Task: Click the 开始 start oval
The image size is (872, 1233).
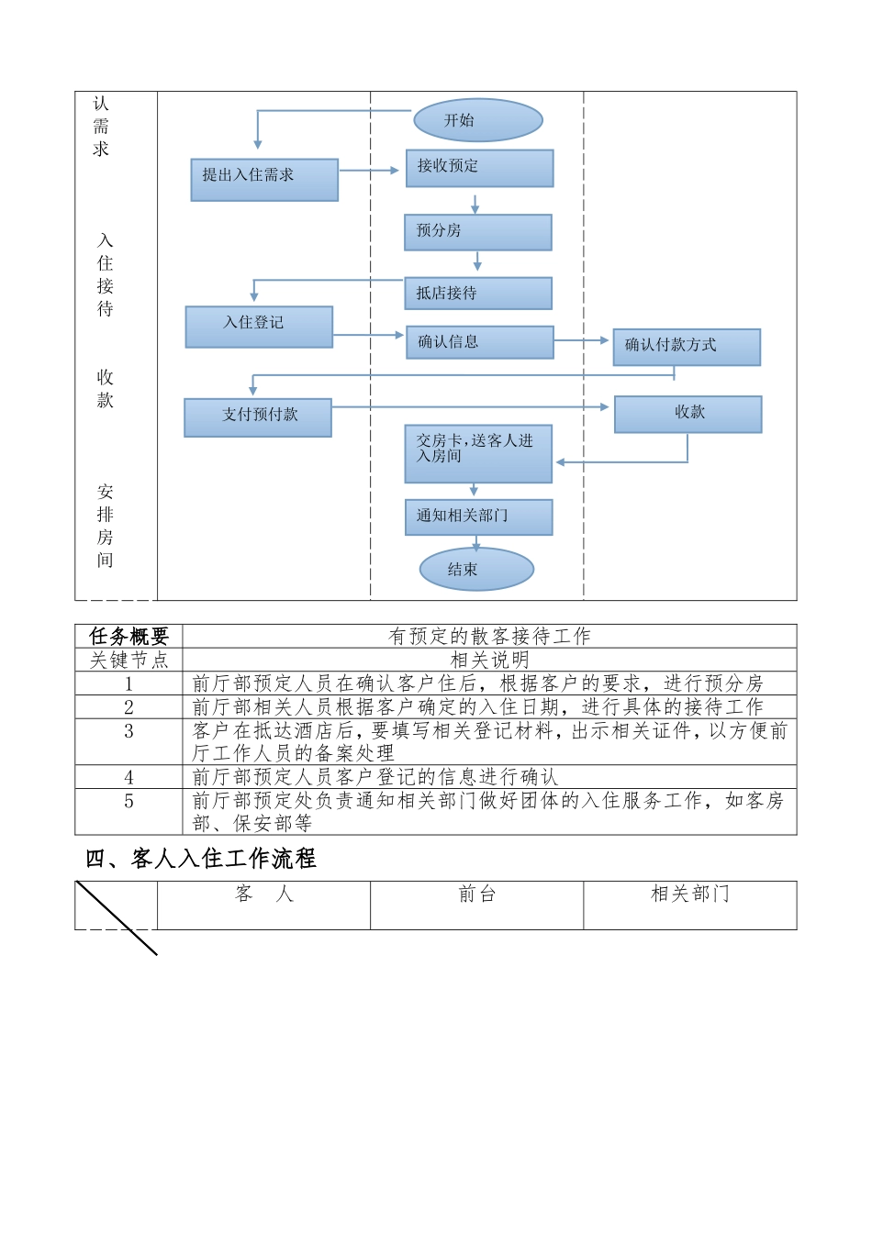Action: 478,120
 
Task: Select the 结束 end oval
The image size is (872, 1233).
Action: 476,569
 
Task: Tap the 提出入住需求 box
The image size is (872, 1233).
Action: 264,179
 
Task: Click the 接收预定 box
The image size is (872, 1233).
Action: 479,168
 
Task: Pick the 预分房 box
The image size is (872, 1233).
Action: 477,232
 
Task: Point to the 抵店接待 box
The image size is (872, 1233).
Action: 477,294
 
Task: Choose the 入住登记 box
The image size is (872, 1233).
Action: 259,327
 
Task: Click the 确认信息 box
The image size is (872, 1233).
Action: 479,342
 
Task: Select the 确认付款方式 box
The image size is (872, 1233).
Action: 687,347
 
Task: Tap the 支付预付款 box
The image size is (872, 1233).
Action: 258,417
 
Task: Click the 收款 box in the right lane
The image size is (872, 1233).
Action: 688,414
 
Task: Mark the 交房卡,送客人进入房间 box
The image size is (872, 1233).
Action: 478,452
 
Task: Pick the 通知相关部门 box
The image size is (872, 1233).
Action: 478,517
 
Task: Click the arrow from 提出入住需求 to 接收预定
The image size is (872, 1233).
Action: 371,171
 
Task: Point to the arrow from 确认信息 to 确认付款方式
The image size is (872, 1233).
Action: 583,340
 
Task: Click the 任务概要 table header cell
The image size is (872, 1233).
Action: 129,636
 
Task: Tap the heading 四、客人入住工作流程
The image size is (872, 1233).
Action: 201,859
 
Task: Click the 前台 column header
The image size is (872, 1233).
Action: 477,894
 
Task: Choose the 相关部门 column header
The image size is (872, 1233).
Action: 690,894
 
